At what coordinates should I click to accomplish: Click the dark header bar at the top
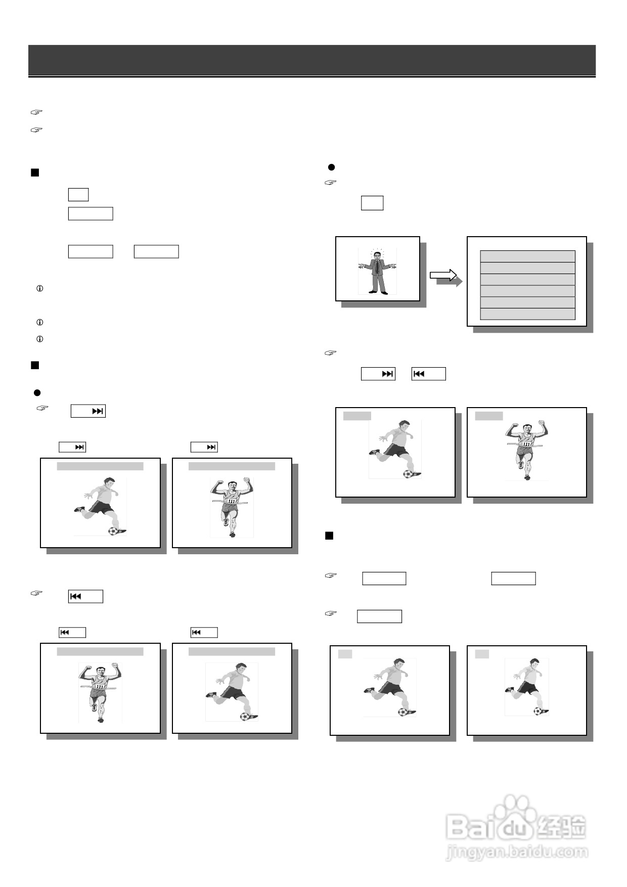[311, 60]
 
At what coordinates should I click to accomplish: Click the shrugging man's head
[377, 256]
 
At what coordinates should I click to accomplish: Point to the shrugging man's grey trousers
[377, 282]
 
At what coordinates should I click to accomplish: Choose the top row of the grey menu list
[527, 256]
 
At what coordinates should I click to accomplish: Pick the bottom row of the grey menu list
[527, 314]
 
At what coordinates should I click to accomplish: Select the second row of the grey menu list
[527, 268]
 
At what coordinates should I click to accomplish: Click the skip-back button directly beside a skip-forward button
[428, 374]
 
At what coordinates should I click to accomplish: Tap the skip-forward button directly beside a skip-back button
[378, 374]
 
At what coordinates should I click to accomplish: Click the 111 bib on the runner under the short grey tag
[527, 443]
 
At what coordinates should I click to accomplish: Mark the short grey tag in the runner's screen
[489, 416]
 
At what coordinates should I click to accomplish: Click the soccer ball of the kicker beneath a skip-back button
[245, 716]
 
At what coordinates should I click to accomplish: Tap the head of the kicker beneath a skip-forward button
[109, 482]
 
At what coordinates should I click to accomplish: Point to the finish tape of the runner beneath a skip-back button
[99, 688]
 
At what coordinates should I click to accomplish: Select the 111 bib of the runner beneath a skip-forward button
[232, 501]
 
